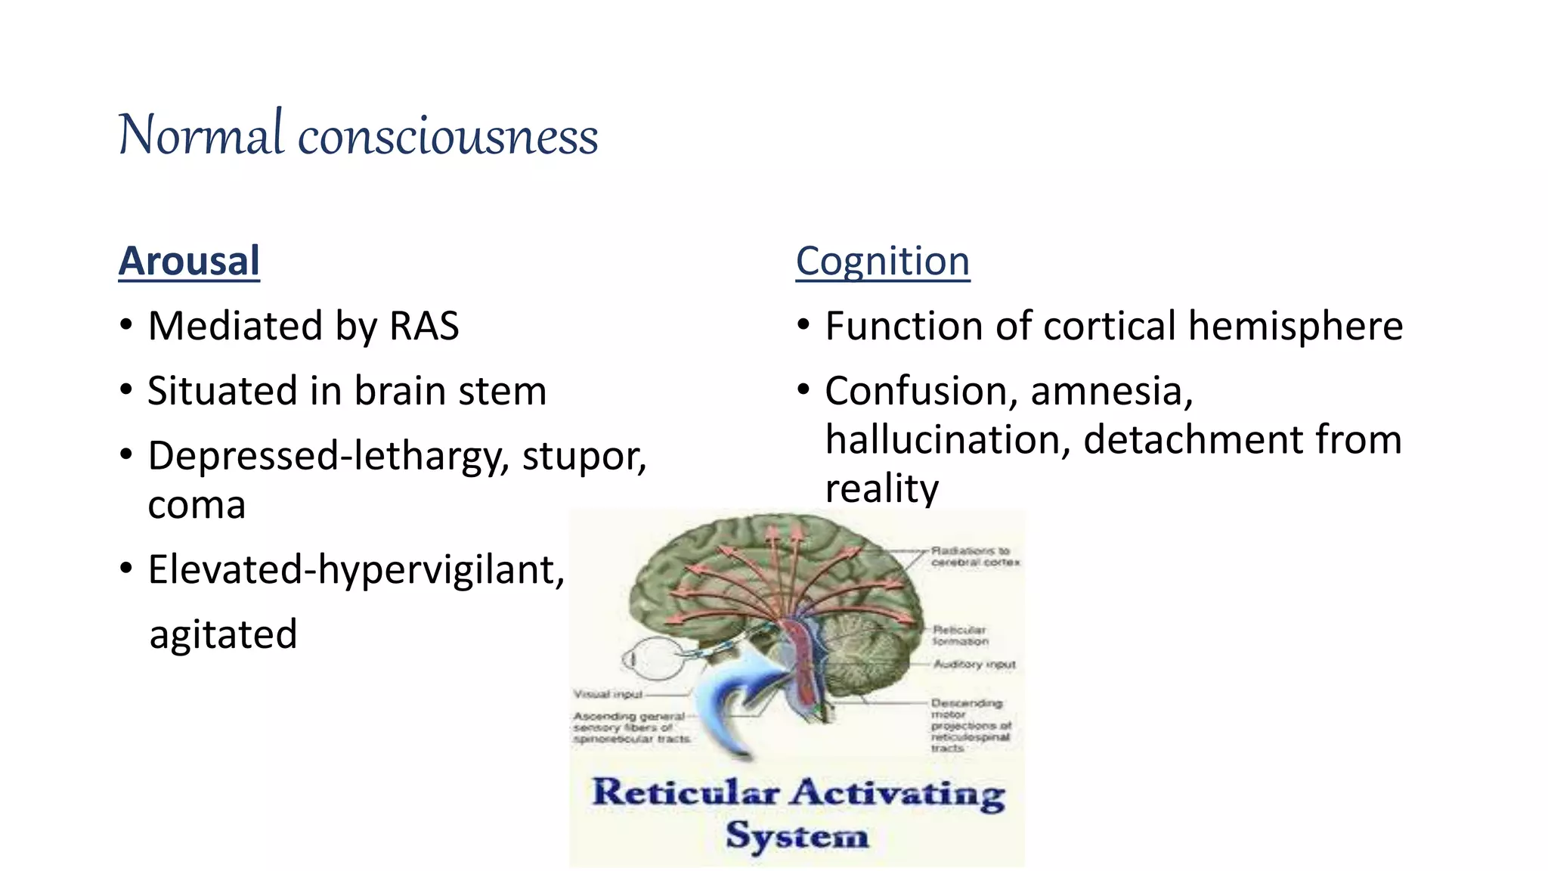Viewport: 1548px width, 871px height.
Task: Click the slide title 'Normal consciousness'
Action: (358, 135)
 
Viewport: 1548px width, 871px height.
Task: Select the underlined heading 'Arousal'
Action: (189, 261)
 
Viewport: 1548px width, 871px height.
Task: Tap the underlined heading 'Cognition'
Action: (882, 261)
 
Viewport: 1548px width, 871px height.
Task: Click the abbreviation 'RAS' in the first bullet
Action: (423, 326)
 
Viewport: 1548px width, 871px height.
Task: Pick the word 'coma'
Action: (197, 504)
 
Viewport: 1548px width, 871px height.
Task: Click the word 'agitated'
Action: (223, 634)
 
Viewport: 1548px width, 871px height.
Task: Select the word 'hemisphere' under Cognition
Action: (1295, 326)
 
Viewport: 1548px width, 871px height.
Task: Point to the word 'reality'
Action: (881, 488)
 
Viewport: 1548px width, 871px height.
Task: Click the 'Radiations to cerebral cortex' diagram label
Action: (974, 556)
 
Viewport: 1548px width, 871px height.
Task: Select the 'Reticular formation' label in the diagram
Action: (960, 635)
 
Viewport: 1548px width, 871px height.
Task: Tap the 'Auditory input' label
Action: (974, 664)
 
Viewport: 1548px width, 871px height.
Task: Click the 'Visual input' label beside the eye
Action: (608, 694)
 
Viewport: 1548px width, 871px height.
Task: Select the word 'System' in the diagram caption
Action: (797, 835)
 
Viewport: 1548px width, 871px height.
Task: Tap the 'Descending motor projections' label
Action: (970, 724)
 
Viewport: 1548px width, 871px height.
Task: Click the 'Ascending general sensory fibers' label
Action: (631, 727)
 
